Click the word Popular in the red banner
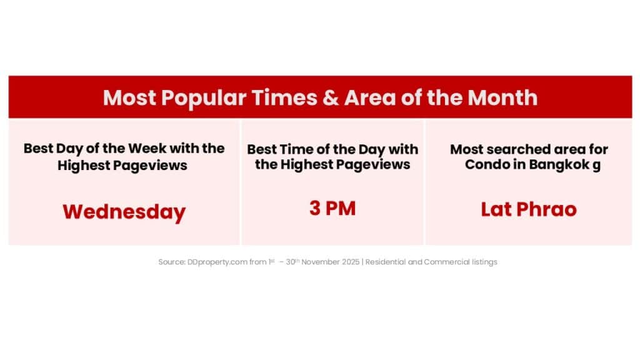pos(203,98)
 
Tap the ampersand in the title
pos(330,98)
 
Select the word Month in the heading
pos(502,97)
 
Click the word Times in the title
pos(284,97)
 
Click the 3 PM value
pos(332,208)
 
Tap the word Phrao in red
pos(546,209)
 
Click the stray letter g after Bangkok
pos(596,166)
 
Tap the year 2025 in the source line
pos(351,262)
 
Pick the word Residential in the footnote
pos(385,262)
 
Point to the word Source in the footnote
pos(172,262)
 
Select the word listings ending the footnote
pos(484,262)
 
